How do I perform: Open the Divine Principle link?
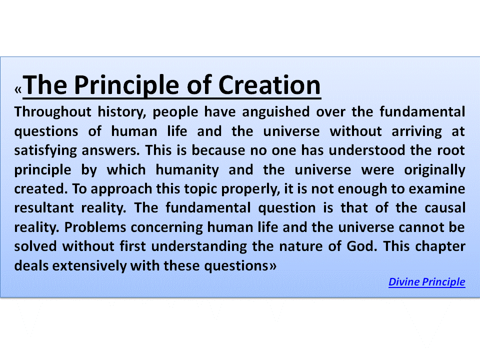426,282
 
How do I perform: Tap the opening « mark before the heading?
18,90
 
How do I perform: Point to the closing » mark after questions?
272,266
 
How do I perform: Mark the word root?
451,150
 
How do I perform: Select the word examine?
437,189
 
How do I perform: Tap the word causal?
443,208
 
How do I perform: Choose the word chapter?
440,246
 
